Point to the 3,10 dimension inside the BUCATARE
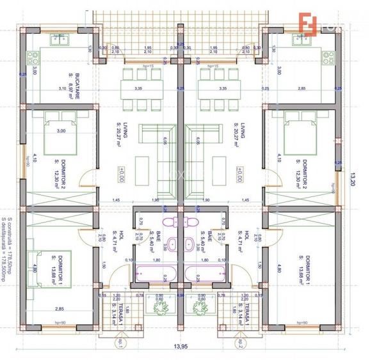[62, 88]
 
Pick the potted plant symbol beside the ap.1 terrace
[157, 308]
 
